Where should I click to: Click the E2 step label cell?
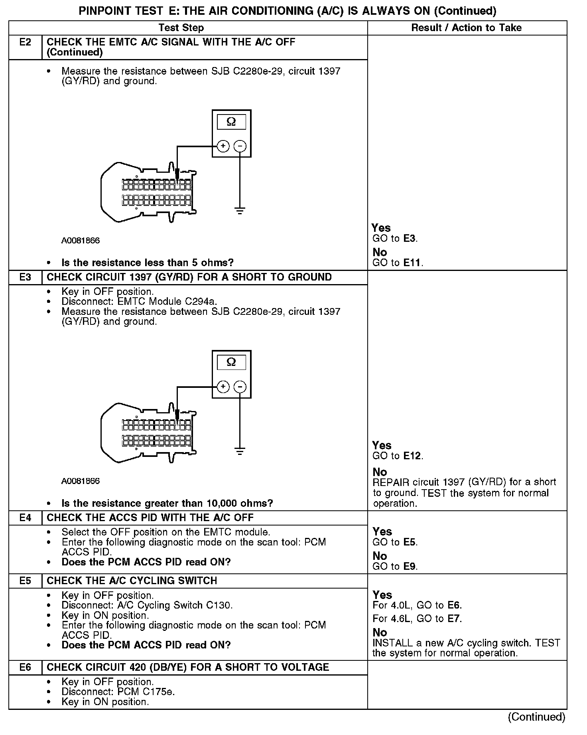[25, 42]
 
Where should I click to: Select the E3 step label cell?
[25, 277]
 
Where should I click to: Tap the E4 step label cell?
[25, 518]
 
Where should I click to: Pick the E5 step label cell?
[25, 581]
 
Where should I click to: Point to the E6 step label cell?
[25, 667]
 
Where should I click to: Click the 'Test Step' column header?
[181, 28]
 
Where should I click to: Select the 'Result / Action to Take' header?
[466, 28]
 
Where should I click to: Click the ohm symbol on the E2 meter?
[231, 122]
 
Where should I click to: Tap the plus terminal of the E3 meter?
[223, 387]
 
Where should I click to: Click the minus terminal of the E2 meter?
[240, 146]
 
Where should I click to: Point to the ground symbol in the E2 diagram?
[240, 211]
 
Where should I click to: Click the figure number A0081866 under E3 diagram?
[81, 481]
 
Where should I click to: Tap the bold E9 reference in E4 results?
[410, 566]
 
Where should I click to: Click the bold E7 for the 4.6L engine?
[454, 618]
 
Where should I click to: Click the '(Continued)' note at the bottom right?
[536, 717]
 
